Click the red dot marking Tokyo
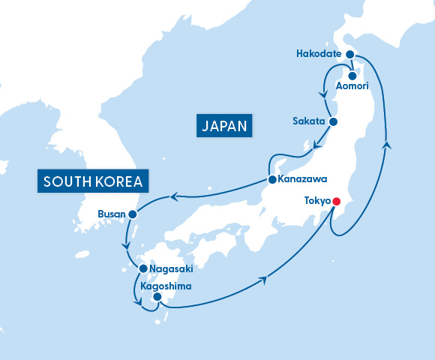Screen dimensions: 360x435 coord(336,201)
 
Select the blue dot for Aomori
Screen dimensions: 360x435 coord(352,75)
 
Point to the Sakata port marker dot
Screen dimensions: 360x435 coord(334,121)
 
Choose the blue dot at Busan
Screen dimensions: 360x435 coord(133,214)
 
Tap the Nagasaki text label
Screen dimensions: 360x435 coord(172,268)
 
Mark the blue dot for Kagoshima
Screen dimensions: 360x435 coord(157,298)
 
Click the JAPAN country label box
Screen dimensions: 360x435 coord(223,125)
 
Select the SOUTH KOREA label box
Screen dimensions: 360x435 coord(94,181)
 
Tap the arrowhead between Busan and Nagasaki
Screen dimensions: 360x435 coord(127,245)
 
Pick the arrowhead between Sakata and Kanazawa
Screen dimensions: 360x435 coord(317,142)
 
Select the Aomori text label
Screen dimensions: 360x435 coord(352,87)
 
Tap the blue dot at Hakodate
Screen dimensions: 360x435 coord(349,54)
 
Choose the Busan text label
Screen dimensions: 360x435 coord(112,214)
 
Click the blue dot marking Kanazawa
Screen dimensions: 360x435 coord(271,180)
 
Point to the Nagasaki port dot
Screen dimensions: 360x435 coord(142,268)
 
